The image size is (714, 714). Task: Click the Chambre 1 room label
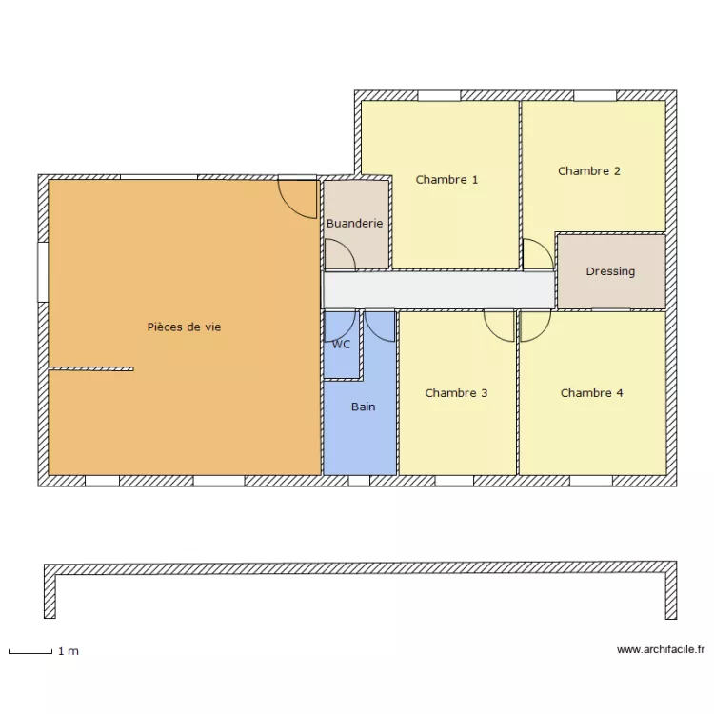click(446, 180)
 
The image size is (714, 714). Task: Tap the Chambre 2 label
click(589, 171)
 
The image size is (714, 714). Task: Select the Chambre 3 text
click(456, 393)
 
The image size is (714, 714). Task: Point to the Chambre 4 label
click(591, 393)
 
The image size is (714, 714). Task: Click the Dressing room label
click(610, 271)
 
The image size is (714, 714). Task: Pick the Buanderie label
click(355, 223)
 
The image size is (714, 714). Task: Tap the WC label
click(341, 345)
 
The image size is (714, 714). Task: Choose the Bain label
click(364, 407)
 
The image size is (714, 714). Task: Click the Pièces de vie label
click(184, 327)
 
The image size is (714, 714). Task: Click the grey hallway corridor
click(439, 290)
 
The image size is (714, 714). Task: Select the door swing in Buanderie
click(347, 248)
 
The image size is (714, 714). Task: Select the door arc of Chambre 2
click(546, 248)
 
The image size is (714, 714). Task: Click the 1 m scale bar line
click(30, 653)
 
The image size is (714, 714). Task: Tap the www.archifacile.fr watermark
click(661, 649)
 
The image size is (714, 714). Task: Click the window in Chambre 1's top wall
click(439, 95)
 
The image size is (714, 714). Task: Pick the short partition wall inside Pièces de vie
click(91, 368)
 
